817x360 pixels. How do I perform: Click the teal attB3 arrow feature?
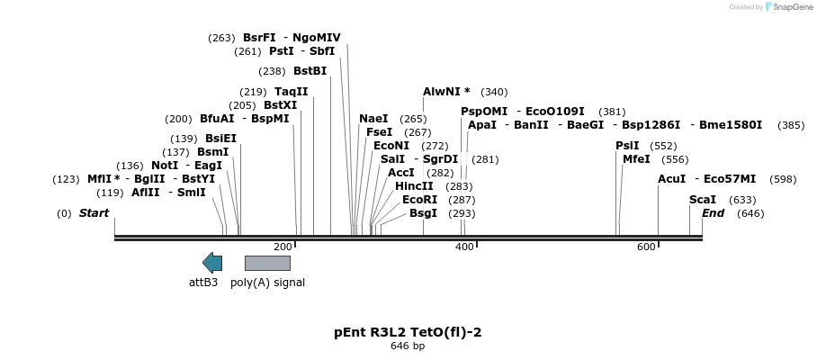coord(212,263)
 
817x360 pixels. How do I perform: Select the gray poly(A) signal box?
coord(267,263)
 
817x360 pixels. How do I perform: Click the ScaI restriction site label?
coord(703,200)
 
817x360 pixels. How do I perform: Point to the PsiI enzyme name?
coord(627,146)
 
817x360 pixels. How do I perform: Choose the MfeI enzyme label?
coord(636,159)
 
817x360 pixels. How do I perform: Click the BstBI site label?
coord(310,71)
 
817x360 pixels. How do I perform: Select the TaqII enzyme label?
coord(292,92)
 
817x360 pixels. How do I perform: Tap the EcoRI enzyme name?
coord(419,200)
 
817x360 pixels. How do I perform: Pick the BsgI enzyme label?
coord(423,213)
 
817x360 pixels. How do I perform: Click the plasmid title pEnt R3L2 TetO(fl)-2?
coord(408,332)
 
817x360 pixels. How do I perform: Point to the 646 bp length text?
coord(408,346)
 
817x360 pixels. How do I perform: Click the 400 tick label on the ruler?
coord(464,247)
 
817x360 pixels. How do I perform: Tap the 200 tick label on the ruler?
coord(283,247)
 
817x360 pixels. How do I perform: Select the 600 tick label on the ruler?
coord(646,247)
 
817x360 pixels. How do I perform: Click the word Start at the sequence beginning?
coord(94,213)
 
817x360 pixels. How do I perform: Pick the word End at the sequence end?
coord(713,213)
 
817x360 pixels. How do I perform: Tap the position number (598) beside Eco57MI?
coord(783,179)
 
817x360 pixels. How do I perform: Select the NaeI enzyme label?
coord(373,119)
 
